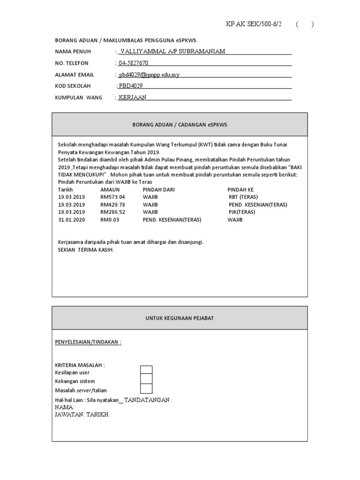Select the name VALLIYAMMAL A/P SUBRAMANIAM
[173, 51]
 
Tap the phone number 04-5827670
[134, 63]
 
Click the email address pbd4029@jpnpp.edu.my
[149, 75]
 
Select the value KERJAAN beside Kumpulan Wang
[133, 97]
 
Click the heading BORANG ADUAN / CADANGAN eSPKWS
[180, 125]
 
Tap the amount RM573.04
[112, 197]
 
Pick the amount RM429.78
[112, 204]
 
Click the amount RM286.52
[112, 212]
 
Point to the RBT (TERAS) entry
[243, 197]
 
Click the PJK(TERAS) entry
[242, 212]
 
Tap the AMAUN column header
[110, 189]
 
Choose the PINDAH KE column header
[240, 189]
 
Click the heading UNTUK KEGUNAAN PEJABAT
[180, 318]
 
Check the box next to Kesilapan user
[146, 370]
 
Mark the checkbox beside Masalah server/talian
[146, 389]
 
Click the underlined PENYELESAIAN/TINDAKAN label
[88, 342]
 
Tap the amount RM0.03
[110, 219]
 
